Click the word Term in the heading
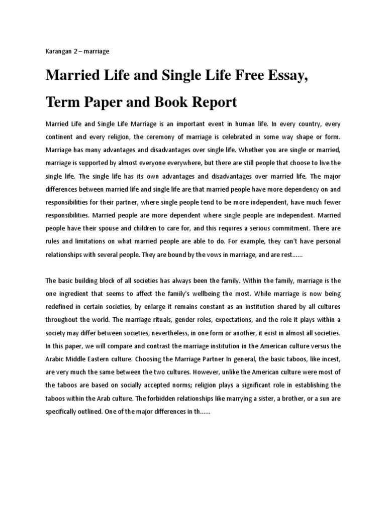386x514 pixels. point(62,103)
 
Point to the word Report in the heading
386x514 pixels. point(210,103)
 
